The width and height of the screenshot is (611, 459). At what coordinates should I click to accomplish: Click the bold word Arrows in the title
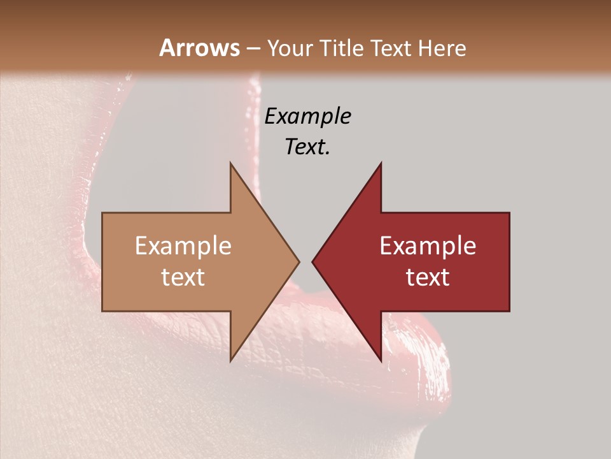tap(199, 48)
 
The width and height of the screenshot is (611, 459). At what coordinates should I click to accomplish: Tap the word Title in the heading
tap(341, 48)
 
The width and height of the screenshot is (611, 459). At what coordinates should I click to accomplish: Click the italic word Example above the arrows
tap(307, 116)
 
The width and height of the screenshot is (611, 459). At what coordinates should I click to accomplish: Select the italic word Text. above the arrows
tap(307, 147)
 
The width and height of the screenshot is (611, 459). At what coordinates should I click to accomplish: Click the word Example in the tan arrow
tap(183, 245)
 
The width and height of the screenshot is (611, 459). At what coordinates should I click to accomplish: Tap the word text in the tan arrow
tap(183, 277)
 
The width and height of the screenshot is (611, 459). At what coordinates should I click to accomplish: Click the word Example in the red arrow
tap(428, 245)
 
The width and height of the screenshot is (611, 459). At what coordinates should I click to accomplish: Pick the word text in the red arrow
tap(428, 277)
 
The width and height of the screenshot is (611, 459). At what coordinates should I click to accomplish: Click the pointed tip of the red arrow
tap(313, 261)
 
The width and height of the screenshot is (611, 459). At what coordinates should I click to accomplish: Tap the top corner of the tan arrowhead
tap(230, 163)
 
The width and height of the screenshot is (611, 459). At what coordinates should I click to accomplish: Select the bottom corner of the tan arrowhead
tap(230, 361)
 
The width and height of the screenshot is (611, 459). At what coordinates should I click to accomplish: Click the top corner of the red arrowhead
tap(381, 163)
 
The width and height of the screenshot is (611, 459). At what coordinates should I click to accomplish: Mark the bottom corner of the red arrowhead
tap(381, 361)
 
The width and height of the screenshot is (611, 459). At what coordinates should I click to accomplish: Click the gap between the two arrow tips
tap(305, 261)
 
